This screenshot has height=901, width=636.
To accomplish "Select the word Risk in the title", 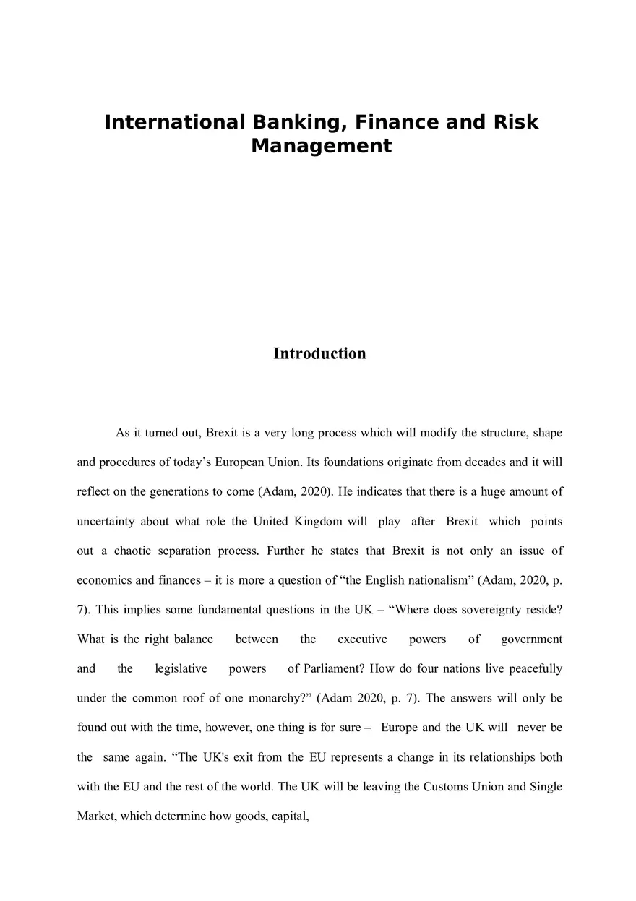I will point(514,122).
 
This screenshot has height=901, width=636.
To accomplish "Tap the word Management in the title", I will point(321,146).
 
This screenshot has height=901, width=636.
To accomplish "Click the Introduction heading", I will point(319,353).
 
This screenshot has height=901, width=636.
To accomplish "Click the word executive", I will point(362,639).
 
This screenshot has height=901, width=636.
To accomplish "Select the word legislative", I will point(181,668).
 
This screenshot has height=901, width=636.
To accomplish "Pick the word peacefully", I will point(536,668).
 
